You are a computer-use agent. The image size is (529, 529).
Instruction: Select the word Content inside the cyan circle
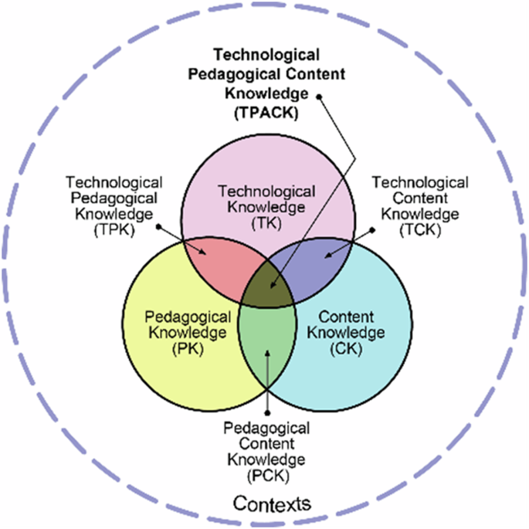point(346,317)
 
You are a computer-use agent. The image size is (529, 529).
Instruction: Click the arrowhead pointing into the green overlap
point(266,353)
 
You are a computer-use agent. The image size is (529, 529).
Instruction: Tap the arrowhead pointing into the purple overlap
point(327,256)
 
